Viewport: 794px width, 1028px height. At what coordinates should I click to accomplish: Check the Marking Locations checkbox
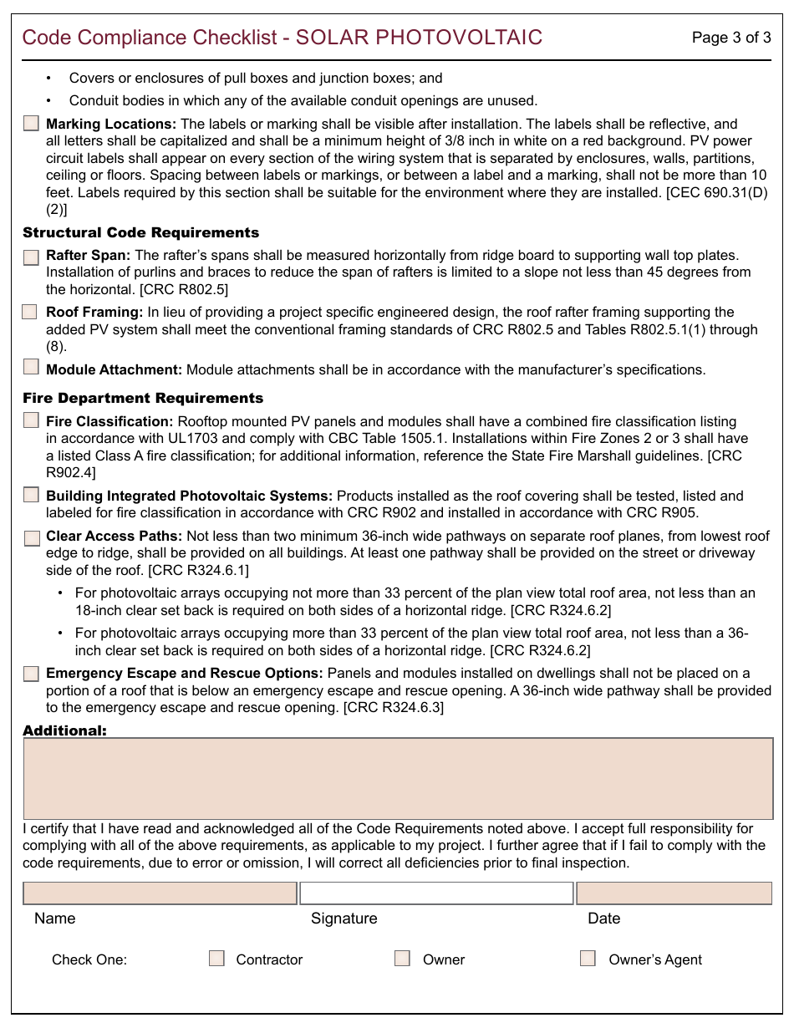(x=31, y=124)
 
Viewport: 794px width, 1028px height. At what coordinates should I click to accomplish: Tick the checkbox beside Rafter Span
(x=31, y=257)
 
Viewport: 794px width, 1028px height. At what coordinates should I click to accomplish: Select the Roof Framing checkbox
(x=29, y=312)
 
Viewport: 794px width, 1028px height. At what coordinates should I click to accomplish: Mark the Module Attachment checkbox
(x=31, y=366)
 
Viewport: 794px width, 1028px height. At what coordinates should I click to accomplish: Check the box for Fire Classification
(x=31, y=420)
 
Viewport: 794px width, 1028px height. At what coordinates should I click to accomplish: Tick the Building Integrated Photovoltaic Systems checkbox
(x=31, y=495)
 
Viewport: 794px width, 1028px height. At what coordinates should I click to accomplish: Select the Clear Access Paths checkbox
(x=31, y=537)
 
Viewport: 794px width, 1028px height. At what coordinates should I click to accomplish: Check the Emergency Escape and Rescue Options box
(x=31, y=674)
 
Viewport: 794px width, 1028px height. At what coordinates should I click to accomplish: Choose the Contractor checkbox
(x=216, y=959)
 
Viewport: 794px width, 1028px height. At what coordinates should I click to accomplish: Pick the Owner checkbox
(x=402, y=959)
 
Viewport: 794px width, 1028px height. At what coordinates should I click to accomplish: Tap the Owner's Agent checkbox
(x=588, y=959)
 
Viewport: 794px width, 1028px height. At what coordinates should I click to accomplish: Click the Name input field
(x=160, y=893)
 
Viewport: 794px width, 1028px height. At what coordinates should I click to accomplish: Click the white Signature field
(x=436, y=893)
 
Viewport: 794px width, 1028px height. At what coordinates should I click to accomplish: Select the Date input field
(x=674, y=893)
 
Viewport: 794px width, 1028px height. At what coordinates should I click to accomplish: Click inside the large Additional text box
(x=398, y=778)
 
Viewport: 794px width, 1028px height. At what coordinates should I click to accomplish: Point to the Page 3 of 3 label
(x=731, y=38)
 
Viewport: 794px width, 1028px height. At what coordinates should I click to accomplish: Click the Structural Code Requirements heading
(x=141, y=232)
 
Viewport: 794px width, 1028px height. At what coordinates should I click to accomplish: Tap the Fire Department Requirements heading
(x=143, y=398)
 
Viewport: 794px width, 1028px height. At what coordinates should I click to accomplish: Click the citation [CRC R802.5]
(x=184, y=289)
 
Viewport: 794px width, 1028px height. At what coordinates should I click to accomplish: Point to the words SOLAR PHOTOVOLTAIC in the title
(x=420, y=38)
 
